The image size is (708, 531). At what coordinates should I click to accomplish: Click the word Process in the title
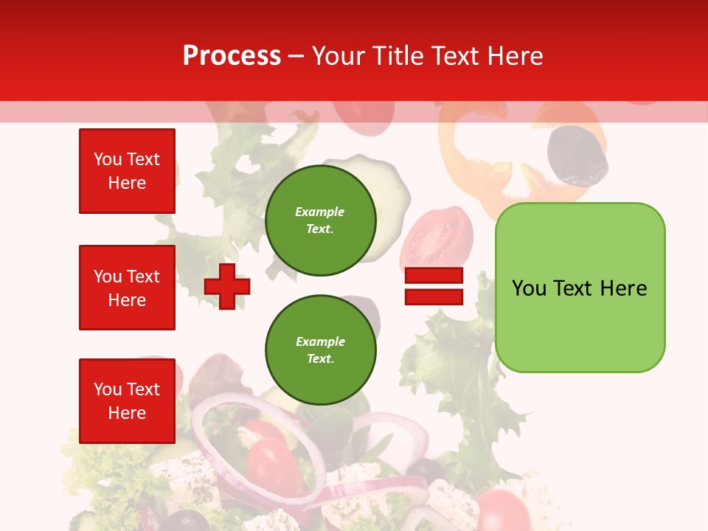(x=232, y=56)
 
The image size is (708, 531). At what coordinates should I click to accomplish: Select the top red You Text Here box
(x=127, y=171)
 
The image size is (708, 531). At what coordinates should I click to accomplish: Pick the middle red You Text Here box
(x=127, y=288)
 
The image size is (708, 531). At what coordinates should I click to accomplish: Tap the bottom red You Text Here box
(x=127, y=401)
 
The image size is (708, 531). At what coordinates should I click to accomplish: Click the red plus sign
(x=227, y=285)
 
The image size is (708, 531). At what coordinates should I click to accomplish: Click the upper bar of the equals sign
(x=434, y=276)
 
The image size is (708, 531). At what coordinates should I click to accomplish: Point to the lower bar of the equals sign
(x=434, y=296)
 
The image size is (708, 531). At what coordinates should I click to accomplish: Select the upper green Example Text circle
(x=320, y=221)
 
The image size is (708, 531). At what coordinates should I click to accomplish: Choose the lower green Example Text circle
(x=320, y=350)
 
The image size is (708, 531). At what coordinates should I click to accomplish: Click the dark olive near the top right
(x=577, y=156)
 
